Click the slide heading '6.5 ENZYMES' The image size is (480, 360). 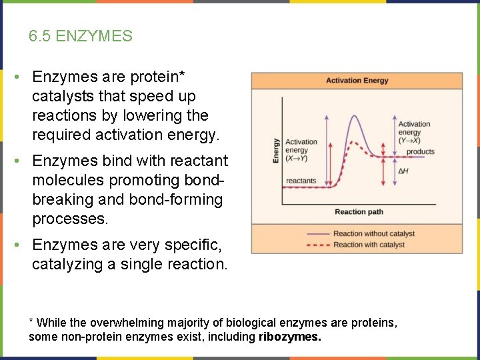[x=81, y=36]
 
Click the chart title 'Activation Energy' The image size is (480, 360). [x=357, y=81]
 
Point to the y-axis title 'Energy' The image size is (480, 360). [x=276, y=151]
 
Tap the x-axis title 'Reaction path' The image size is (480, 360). [x=359, y=212]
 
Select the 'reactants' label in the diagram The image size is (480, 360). [x=301, y=181]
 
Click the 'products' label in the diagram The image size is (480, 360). [x=420, y=152]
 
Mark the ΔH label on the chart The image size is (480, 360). [x=403, y=171]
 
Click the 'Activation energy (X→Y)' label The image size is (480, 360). [x=301, y=150]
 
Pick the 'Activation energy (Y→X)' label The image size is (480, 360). [x=414, y=132]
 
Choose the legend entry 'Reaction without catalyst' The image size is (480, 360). [x=373, y=233]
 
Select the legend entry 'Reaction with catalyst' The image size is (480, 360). [x=369, y=245]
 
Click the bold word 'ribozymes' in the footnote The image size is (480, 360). [x=289, y=337]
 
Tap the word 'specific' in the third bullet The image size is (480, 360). [x=188, y=245]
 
